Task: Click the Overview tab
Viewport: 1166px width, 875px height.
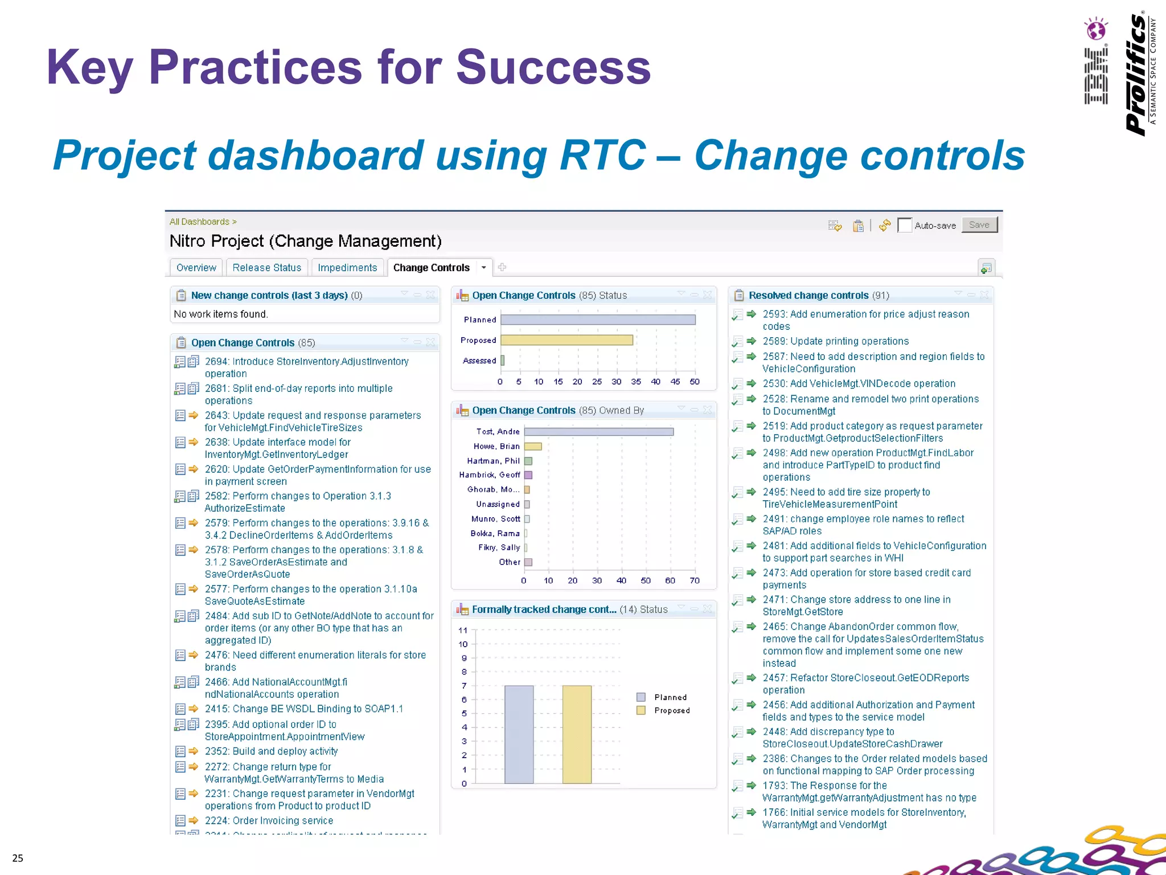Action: (x=196, y=268)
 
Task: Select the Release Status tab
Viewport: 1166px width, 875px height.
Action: (x=266, y=268)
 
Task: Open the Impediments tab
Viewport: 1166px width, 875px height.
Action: (x=347, y=268)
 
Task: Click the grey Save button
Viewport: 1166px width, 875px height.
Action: (x=979, y=225)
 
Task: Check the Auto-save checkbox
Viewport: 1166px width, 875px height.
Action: (x=904, y=226)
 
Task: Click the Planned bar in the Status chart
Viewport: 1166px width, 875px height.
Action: (x=598, y=320)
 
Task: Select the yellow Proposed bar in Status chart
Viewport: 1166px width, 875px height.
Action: (x=566, y=340)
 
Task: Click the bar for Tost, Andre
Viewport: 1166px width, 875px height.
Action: (x=598, y=432)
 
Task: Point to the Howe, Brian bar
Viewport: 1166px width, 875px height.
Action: (x=533, y=447)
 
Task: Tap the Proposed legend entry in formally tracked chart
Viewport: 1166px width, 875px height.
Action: (x=671, y=710)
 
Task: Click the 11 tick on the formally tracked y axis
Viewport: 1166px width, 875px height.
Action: (x=463, y=630)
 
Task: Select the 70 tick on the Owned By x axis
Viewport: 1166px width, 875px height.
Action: (x=695, y=580)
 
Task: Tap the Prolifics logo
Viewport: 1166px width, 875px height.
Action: (x=1137, y=74)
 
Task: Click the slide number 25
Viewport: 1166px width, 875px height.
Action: (x=18, y=858)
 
